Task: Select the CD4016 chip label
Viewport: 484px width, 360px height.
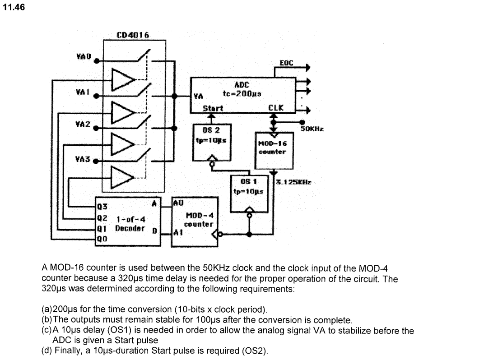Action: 133,35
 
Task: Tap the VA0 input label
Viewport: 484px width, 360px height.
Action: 83,57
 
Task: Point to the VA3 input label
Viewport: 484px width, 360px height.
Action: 83,159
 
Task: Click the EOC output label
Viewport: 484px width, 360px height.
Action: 286,63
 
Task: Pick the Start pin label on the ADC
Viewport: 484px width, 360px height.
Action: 213,108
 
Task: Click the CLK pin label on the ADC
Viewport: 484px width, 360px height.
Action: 275,108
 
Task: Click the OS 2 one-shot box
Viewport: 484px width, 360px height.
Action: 212,142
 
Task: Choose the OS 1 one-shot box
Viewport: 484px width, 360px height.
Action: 249,192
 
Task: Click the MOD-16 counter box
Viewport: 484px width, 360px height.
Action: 272,148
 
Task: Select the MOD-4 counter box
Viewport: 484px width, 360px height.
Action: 195,221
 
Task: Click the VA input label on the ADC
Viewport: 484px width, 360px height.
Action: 198,96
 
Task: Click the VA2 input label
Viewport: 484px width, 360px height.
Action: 83,123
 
